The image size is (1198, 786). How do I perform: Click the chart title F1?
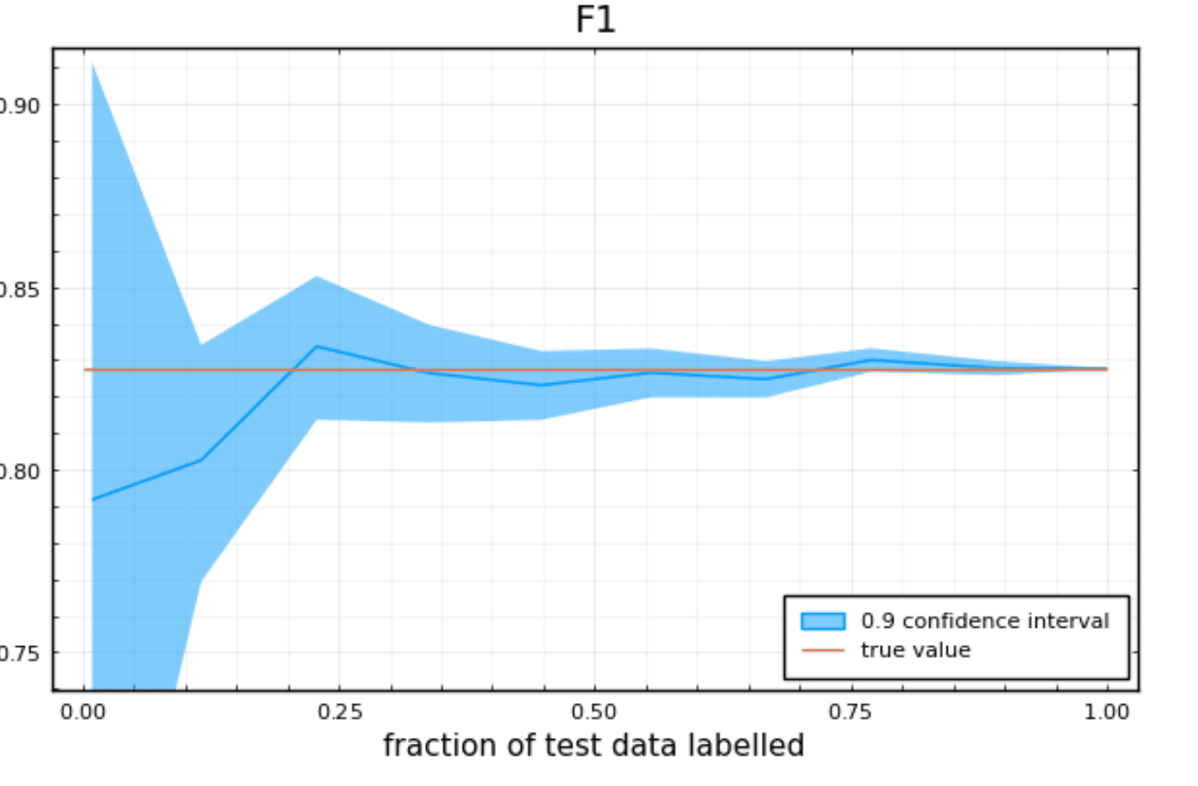pos(594,20)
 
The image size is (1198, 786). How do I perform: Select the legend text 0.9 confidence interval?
pos(985,621)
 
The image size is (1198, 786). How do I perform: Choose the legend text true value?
pos(916,651)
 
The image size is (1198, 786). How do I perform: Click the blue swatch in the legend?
pos(823,621)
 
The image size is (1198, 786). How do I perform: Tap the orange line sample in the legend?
pos(823,651)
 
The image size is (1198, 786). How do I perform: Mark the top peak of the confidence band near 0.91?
pos(93,64)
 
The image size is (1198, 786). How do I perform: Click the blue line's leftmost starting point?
pos(93,500)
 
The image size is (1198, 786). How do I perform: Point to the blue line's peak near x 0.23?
pos(317,346)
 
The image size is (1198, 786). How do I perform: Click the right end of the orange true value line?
pos(1106,369)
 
